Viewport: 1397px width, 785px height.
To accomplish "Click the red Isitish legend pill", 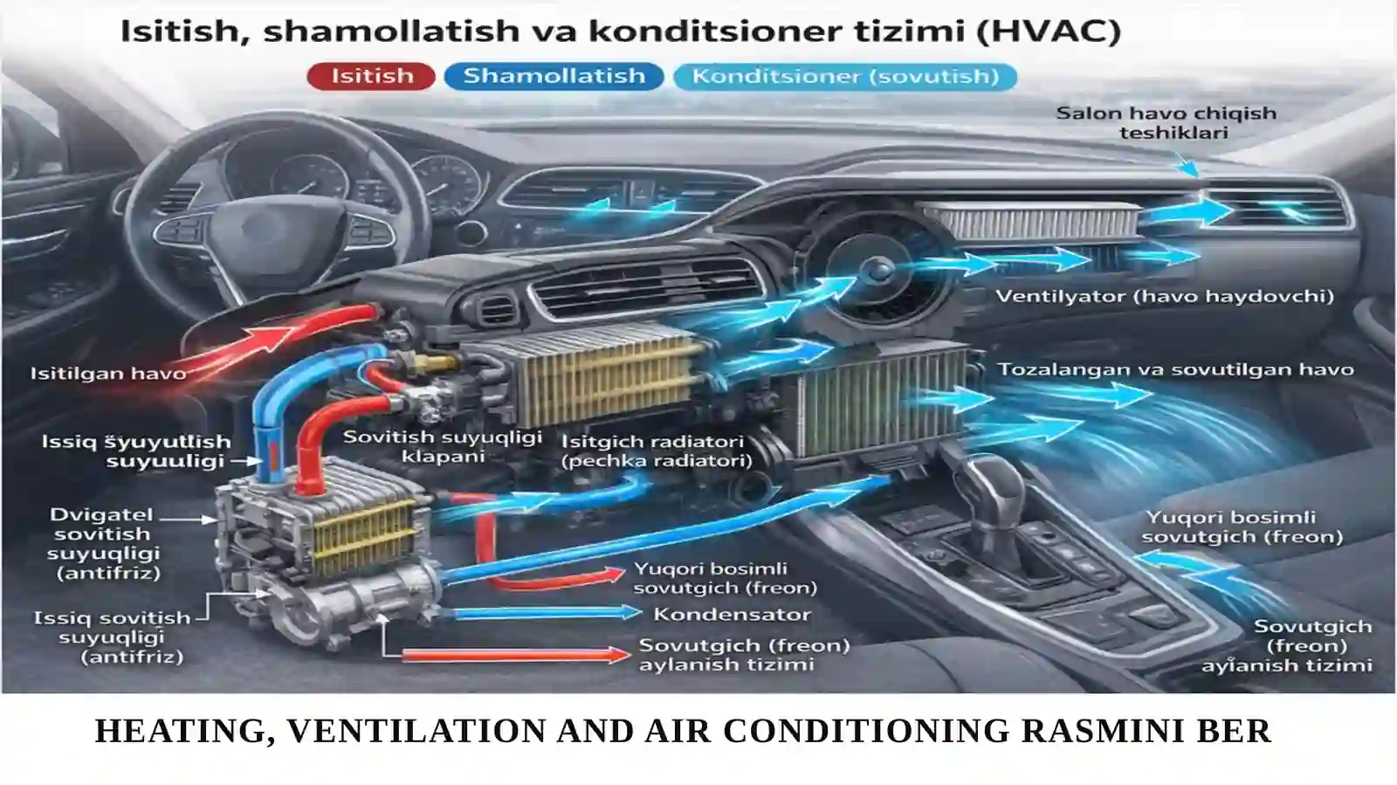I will point(371,76).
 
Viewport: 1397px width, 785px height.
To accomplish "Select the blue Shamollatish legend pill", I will point(554,76).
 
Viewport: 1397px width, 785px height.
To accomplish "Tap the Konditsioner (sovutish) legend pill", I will point(844,76).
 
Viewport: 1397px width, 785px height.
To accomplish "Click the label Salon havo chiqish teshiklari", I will point(1166,122).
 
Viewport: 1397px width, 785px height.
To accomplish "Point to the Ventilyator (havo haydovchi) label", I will point(1165,296).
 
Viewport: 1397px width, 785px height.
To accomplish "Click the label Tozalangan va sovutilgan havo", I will point(1175,369).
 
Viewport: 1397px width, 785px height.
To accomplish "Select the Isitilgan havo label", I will point(108,374).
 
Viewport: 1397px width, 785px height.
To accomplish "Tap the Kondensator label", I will point(732,614).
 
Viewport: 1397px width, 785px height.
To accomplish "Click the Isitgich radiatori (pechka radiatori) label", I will point(656,451).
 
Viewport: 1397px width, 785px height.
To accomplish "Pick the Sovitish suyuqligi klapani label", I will point(442,445).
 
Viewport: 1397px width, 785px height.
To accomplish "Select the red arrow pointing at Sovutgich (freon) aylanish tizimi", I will point(515,654).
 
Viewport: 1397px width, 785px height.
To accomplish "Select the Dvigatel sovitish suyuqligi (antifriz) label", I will point(102,543).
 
